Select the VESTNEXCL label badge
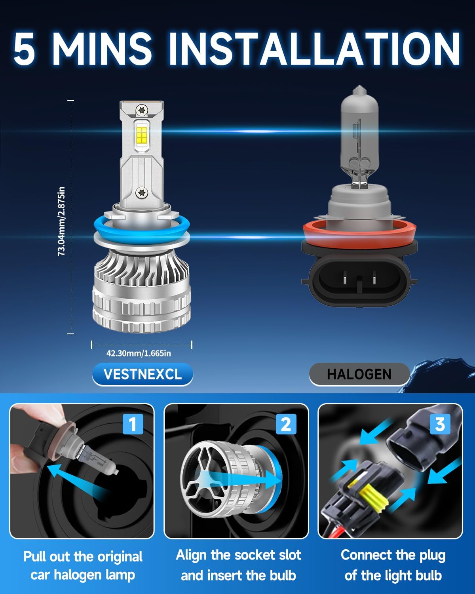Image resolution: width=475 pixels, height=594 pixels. pos(142,374)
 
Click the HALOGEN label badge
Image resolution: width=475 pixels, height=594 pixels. pos(359,374)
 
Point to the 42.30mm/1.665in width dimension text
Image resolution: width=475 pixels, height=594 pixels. pos(139,353)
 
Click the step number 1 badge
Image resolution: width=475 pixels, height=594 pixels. pos(133,424)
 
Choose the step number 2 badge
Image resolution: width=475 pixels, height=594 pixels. pos(286,424)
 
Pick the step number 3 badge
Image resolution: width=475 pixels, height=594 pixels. pos(440,424)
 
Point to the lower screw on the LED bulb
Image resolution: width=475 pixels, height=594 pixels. pos(141,193)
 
